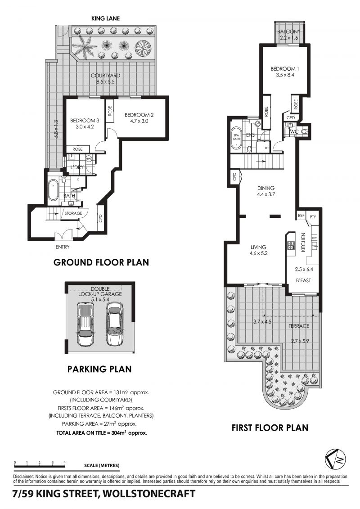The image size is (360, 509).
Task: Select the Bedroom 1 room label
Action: click(x=285, y=69)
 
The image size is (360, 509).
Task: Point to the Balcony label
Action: click(x=289, y=32)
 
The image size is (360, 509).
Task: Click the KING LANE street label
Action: click(x=105, y=18)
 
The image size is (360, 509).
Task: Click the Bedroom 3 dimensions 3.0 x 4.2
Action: click(x=85, y=127)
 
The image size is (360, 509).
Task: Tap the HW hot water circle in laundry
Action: click(x=89, y=159)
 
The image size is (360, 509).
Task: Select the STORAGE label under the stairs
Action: click(x=73, y=213)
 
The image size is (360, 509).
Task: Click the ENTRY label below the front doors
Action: click(x=63, y=247)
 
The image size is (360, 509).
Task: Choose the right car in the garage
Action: click(x=115, y=324)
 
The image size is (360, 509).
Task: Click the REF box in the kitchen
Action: click(x=301, y=216)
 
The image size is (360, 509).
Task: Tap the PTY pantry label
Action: click(x=313, y=217)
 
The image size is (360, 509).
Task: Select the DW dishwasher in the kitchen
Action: click(x=314, y=238)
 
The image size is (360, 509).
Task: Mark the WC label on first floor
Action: click(x=294, y=132)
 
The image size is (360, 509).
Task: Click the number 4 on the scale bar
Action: click(x=65, y=463)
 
